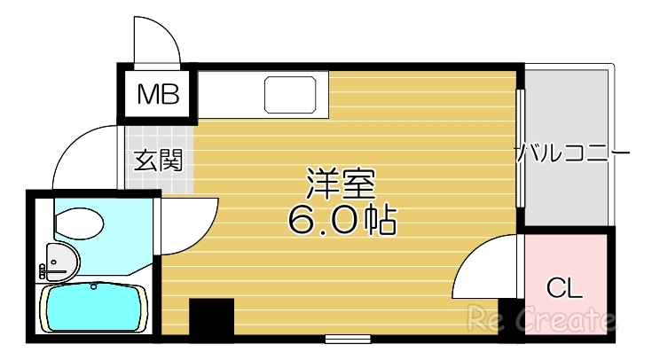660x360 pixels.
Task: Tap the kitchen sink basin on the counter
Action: coord(292,94)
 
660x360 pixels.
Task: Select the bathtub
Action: coord(92,307)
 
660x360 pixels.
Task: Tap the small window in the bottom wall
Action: coord(347,338)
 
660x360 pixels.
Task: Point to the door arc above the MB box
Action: coord(157,39)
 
